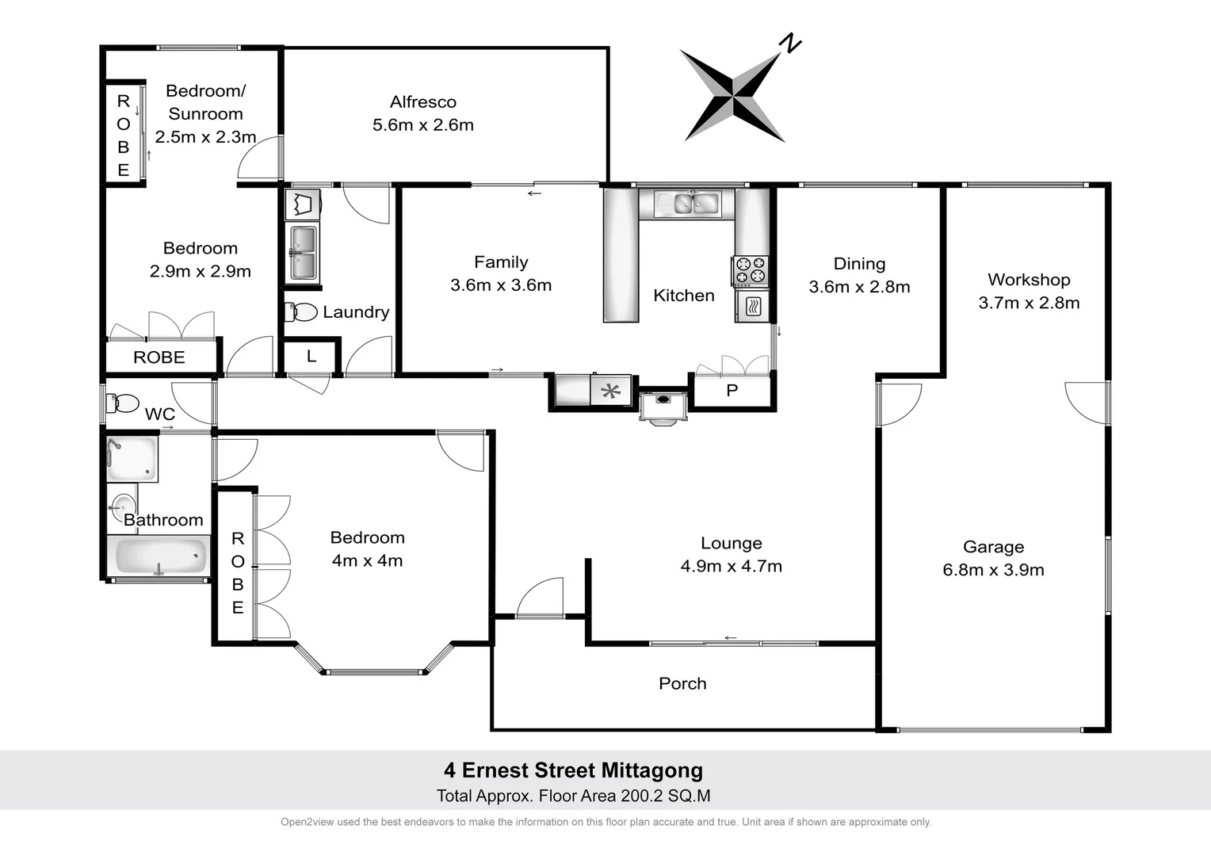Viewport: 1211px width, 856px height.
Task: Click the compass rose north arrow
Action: click(x=734, y=94)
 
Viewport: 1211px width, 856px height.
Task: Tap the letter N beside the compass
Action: click(x=790, y=44)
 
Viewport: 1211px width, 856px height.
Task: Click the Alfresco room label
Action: click(x=422, y=102)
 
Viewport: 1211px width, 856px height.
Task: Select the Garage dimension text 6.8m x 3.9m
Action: click(x=993, y=570)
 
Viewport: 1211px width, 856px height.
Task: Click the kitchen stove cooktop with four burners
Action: click(x=750, y=270)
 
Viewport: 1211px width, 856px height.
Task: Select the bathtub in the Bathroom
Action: click(x=159, y=556)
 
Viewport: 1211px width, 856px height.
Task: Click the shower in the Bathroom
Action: click(x=132, y=459)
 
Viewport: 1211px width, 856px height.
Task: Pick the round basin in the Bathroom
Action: click(x=123, y=505)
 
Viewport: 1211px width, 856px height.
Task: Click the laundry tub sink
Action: click(x=302, y=254)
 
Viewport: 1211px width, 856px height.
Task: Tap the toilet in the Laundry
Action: click(x=302, y=312)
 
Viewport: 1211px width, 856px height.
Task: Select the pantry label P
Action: click(x=732, y=391)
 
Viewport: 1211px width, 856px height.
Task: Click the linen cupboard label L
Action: click(x=311, y=357)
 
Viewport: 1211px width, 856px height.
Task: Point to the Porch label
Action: click(x=682, y=683)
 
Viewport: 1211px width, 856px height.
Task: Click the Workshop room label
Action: click(x=1029, y=280)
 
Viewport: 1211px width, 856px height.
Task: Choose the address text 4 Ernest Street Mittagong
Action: click(x=573, y=770)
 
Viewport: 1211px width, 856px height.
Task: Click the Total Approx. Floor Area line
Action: click(x=573, y=796)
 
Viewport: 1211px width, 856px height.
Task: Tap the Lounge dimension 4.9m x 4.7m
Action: click(x=731, y=567)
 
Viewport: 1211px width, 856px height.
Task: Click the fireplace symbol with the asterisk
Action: click(x=610, y=391)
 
